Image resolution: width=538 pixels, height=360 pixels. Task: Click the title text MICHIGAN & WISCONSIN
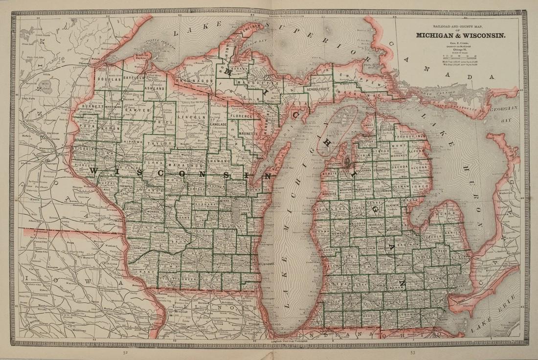(x=461, y=35)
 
